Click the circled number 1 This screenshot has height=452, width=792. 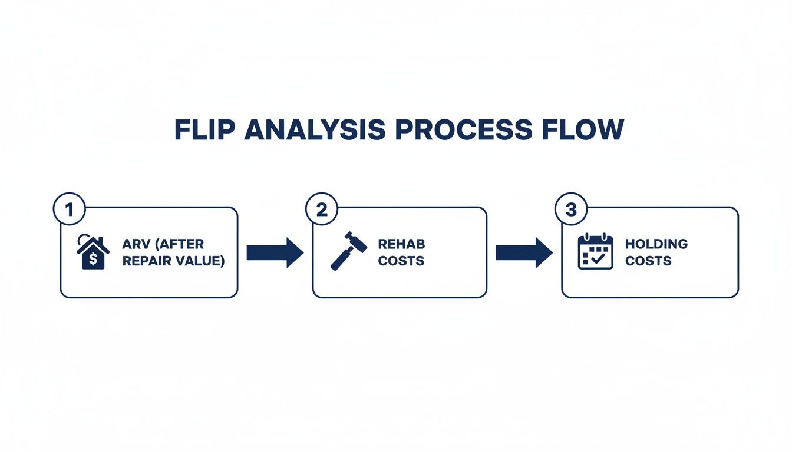click(70, 211)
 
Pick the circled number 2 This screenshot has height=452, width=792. click(322, 211)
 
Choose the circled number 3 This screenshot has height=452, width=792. click(571, 211)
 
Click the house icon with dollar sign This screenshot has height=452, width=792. click(93, 252)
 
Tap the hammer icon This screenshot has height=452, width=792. click(349, 251)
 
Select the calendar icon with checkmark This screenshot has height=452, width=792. click(596, 252)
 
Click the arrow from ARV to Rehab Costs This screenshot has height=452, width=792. click(275, 252)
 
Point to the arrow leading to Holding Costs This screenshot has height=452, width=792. click(524, 252)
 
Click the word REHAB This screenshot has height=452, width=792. click(401, 244)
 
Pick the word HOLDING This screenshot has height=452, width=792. click(656, 244)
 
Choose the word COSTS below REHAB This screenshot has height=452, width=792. click(401, 261)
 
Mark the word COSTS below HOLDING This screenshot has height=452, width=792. click(648, 261)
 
